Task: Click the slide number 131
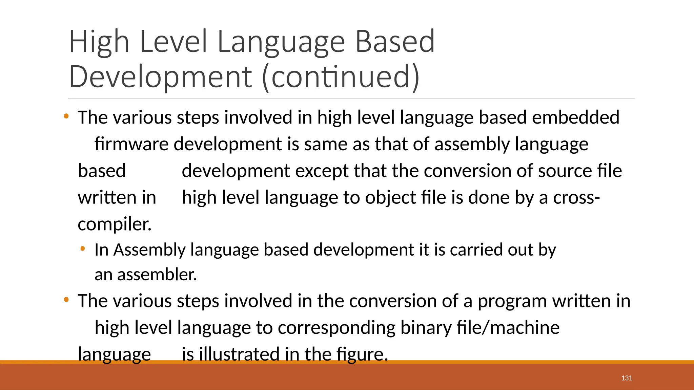point(627,378)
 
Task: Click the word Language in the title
point(281,42)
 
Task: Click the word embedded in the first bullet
point(575,117)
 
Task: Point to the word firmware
point(131,144)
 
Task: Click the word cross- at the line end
point(576,197)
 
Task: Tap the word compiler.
point(115,224)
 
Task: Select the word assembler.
point(157,275)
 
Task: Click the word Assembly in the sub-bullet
point(149,250)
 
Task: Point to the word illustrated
point(239,354)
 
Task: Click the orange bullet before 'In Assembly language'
point(82,249)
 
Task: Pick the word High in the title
point(99,42)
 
